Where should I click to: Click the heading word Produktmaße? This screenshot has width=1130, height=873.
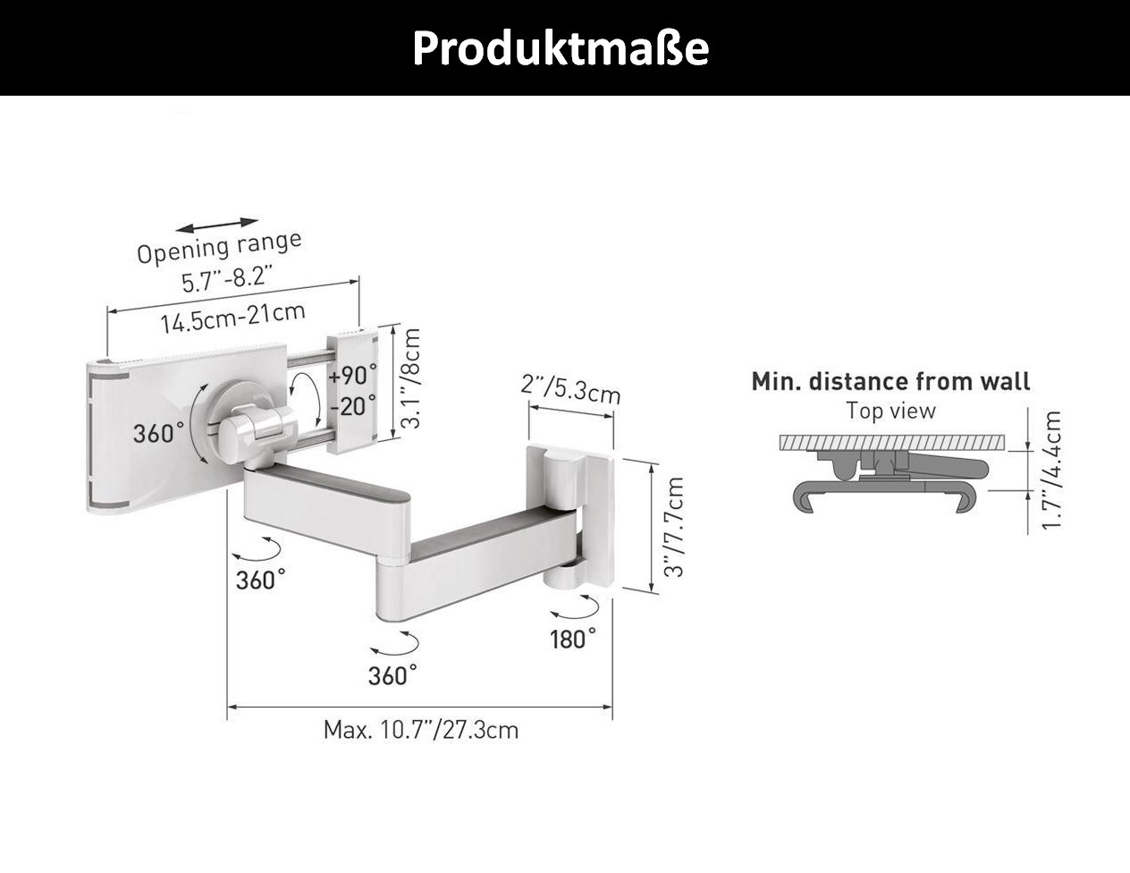561,48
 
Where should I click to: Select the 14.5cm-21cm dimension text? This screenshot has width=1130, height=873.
232,318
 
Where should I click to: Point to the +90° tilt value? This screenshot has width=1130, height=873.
352,375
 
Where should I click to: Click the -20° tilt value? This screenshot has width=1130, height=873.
353,405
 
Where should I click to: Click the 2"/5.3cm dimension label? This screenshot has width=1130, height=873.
571,389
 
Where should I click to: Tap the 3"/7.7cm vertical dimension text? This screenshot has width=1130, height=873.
674,527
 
